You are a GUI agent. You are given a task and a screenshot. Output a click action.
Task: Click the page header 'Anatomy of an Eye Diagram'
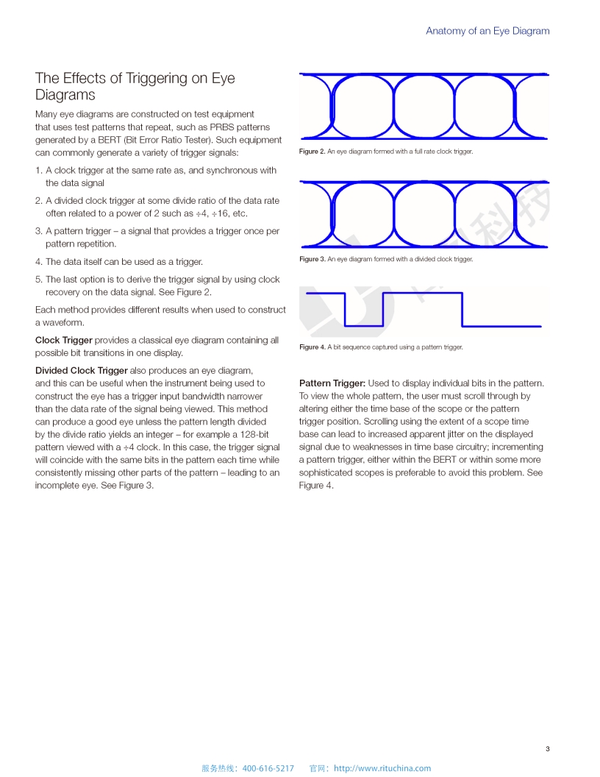488,31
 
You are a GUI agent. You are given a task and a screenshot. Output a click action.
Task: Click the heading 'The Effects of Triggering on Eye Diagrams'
135,86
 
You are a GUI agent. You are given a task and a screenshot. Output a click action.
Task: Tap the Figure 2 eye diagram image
424,107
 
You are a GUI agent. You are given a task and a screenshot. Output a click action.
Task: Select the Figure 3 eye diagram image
424,214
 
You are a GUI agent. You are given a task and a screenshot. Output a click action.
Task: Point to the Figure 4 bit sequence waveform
424,309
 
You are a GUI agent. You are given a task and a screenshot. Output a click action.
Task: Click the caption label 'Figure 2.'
312,152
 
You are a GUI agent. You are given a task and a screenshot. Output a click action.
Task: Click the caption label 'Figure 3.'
312,259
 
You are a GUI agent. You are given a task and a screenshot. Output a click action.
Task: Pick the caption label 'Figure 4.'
312,347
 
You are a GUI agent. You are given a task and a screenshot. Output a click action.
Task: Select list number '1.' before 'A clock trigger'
39,170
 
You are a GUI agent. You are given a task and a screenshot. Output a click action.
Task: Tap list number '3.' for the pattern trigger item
39,231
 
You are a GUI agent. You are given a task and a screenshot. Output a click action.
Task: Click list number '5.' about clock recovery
39,280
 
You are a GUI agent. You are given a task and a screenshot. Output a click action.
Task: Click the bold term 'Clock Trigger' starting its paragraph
64,340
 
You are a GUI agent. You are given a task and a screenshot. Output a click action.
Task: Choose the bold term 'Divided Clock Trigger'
82,370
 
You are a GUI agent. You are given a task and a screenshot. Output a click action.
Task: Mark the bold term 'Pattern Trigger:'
332,383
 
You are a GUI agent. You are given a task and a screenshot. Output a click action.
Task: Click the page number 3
547,749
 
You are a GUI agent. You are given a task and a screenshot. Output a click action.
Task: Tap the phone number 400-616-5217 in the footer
268,768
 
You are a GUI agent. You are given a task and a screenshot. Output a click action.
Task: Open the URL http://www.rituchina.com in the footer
382,768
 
